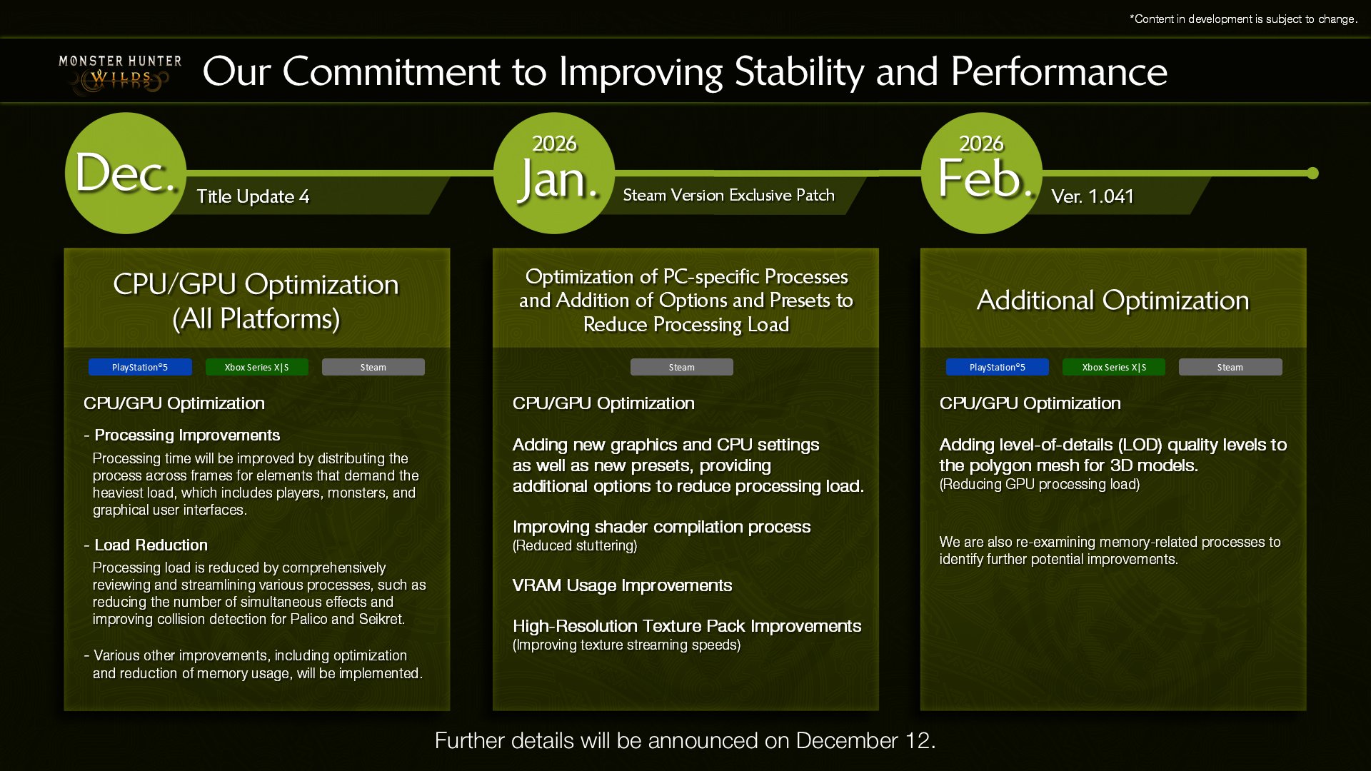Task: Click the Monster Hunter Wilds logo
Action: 120,74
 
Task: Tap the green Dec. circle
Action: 126,173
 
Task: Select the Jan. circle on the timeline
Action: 554,173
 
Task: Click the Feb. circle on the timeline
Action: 982,173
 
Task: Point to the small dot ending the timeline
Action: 1312,173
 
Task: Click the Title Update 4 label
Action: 253,196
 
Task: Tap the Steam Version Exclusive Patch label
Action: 728,195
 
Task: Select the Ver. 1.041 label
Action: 1093,196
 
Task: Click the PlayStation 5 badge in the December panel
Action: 140,367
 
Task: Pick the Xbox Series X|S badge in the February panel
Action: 1114,367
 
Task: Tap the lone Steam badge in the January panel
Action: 681,367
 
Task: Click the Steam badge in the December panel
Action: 373,367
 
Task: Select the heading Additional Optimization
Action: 1113,300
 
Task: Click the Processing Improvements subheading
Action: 187,435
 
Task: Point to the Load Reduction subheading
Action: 151,545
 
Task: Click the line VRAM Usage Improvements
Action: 622,585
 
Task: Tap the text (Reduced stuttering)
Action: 575,545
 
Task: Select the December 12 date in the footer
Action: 864,740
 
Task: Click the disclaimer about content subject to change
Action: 1243,19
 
